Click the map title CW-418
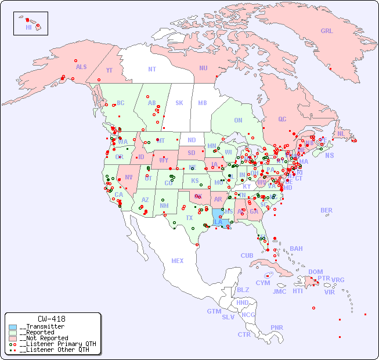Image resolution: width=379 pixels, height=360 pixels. click(x=52, y=319)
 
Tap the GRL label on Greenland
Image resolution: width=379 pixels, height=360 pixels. click(x=327, y=31)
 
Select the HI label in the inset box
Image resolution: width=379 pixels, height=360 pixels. click(x=28, y=27)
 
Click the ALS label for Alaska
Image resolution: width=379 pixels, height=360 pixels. click(x=81, y=67)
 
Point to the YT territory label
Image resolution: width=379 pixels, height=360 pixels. click(x=109, y=70)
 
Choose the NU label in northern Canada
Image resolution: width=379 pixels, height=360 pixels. click(x=203, y=69)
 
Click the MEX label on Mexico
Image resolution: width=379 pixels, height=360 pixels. click(x=178, y=261)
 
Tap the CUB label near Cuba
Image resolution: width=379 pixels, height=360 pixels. click(x=247, y=256)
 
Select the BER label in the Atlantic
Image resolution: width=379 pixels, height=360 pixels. click(x=327, y=211)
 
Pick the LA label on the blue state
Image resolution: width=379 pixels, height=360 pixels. click(x=218, y=222)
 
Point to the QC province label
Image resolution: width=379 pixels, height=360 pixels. click(x=282, y=120)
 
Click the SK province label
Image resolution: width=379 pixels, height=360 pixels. click(x=179, y=103)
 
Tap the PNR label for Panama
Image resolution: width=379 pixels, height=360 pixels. click(x=277, y=327)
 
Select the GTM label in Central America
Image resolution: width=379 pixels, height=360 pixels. click(x=214, y=311)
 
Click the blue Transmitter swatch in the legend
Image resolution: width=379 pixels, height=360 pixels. click(x=13, y=326)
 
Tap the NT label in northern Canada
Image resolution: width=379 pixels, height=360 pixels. click(x=152, y=69)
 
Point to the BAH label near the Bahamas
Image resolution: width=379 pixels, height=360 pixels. click(x=296, y=249)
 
